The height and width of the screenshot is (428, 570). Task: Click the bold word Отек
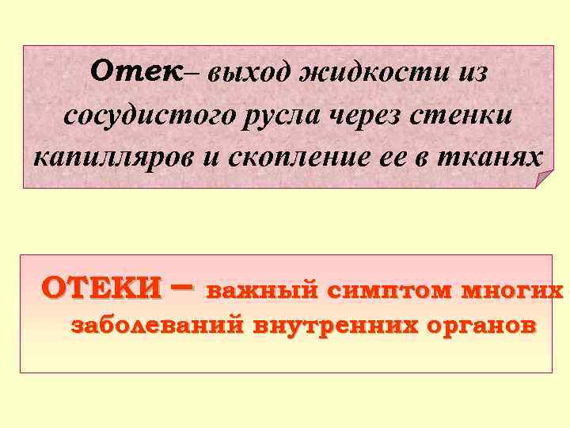pyautogui.click(x=147, y=71)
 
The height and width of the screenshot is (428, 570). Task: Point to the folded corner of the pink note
pyautogui.click(x=541, y=178)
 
